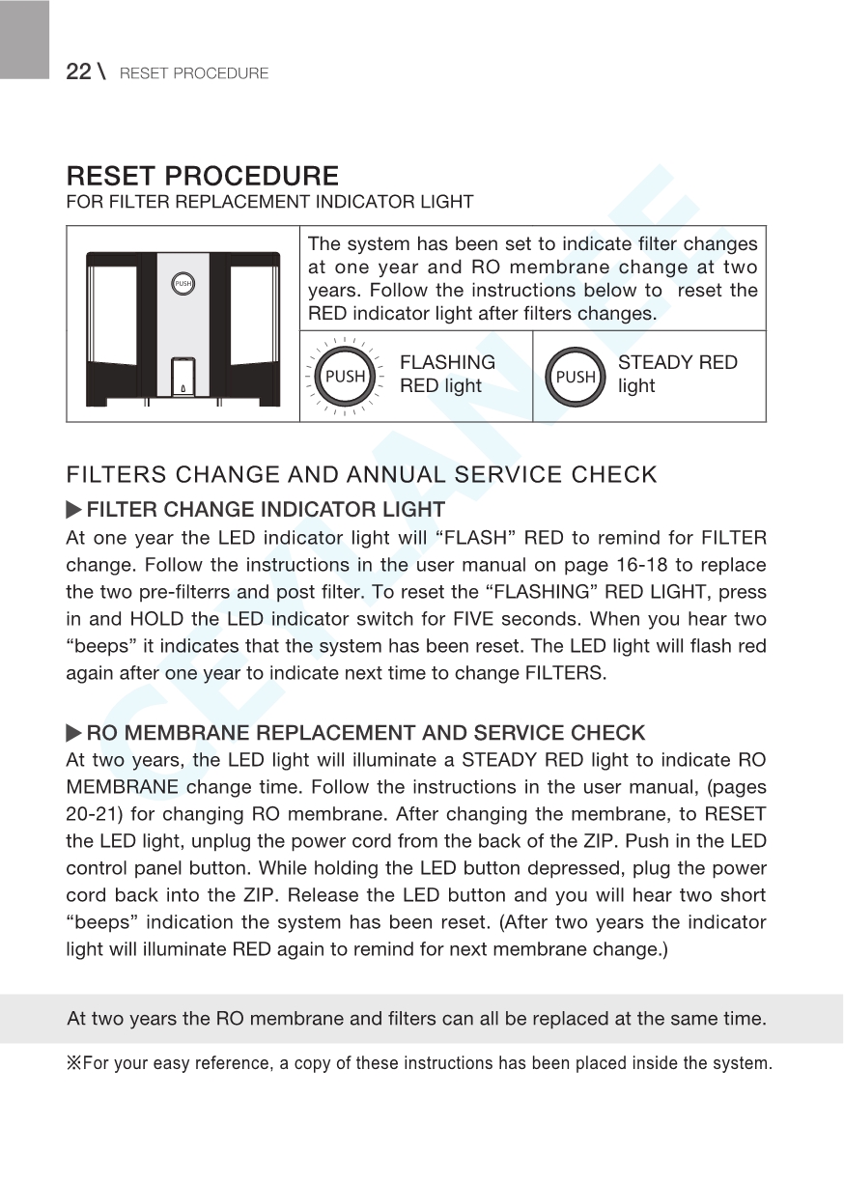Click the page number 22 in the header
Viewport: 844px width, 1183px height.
(x=78, y=71)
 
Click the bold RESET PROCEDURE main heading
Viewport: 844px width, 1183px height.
(x=203, y=177)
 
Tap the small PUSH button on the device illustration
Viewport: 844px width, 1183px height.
(x=183, y=284)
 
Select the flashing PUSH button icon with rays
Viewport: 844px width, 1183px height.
(x=345, y=376)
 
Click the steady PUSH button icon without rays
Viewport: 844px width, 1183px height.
(x=576, y=376)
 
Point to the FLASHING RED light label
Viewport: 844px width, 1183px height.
(x=447, y=374)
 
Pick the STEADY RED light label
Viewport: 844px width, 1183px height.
(x=677, y=374)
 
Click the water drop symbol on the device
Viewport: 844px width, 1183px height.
(x=183, y=388)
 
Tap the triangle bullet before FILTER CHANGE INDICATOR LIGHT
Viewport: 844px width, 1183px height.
(x=74, y=509)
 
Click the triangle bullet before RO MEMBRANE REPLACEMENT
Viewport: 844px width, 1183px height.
(x=74, y=733)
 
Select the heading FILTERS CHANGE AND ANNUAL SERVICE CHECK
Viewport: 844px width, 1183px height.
(x=361, y=475)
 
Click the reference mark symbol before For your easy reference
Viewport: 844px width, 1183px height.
(x=73, y=1064)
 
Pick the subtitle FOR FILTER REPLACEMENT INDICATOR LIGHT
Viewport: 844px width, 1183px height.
(x=269, y=203)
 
